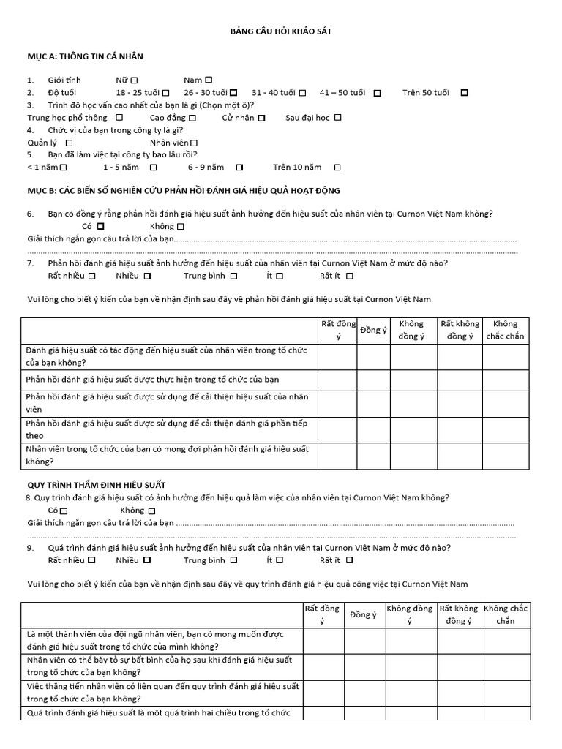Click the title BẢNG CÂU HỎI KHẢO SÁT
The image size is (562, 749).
click(281, 31)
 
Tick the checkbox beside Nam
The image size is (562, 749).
click(209, 79)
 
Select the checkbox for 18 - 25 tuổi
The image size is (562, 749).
click(166, 93)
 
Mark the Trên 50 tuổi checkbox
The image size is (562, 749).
click(464, 93)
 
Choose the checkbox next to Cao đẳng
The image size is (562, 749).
click(192, 117)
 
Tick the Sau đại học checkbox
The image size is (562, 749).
click(338, 117)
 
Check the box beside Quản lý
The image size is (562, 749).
click(70, 143)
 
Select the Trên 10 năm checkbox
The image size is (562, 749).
click(337, 168)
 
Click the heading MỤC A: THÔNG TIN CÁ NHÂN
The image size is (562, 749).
click(85, 56)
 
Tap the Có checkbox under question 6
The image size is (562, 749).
click(101, 227)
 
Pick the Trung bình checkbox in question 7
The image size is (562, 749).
click(233, 276)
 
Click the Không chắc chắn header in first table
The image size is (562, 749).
click(504, 330)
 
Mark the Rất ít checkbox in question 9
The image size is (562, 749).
click(349, 560)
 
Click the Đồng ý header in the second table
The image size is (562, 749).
click(363, 614)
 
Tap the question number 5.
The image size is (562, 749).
click(30, 154)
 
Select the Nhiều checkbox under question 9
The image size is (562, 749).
click(147, 560)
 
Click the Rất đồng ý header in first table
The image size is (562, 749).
click(337, 330)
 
